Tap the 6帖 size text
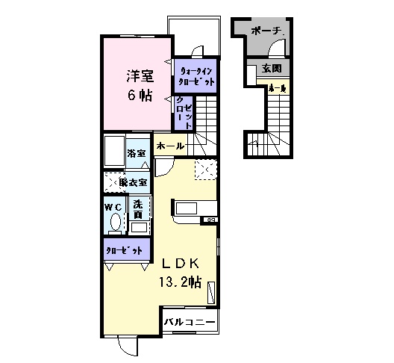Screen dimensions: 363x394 pos(139,95)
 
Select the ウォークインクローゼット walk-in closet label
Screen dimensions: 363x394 pos(196,75)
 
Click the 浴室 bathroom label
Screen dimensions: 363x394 pos(137,153)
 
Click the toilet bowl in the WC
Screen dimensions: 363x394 pos(115,223)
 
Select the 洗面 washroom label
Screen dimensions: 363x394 pos(138,208)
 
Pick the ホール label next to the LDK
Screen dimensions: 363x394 pos(170,146)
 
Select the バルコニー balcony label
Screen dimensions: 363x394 pos(190,322)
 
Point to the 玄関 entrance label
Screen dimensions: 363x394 pos(271,69)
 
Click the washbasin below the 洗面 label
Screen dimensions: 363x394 pos(138,226)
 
